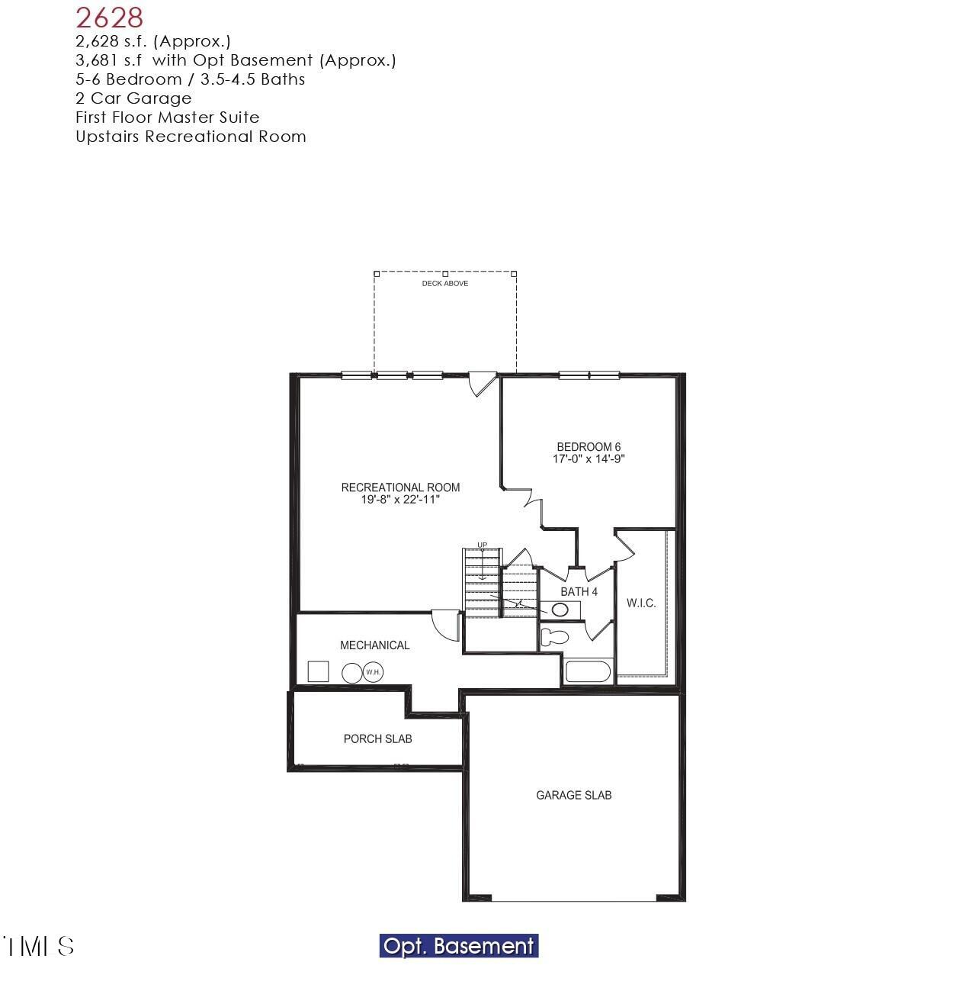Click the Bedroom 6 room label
pos(589,447)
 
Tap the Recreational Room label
pos(400,487)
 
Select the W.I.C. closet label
pos(641,603)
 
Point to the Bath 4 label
pos(579,592)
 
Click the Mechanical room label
pos(374,645)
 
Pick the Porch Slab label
pos(377,738)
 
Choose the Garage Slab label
pos(573,795)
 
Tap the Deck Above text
pos(445,284)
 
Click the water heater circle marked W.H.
pos(373,672)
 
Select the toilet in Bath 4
pos(554,636)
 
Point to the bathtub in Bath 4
pos(588,672)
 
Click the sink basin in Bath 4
pos(560,610)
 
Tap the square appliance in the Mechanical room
pos(318,671)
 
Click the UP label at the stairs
pos(482,545)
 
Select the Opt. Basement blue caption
pos(459,946)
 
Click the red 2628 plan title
pos(110,17)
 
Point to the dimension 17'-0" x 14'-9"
pos(589,459)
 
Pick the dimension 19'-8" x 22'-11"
pos(400,500)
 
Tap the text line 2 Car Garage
pos(133,98)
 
